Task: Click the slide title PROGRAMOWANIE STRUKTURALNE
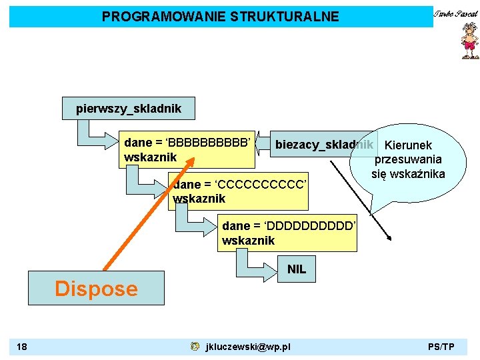click(220, 16)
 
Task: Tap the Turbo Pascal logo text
click(456, 13)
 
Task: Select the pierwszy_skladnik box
click(128, 107)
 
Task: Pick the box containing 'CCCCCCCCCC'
click(239, 191)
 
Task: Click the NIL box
click(297, 269)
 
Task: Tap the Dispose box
click(96, 288)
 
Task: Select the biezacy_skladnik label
click(323, 145)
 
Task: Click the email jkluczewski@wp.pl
click(248, 347)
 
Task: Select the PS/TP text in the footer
click(441, 347)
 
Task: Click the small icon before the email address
click(194, 347)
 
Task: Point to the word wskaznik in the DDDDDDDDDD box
click(248, 241)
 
